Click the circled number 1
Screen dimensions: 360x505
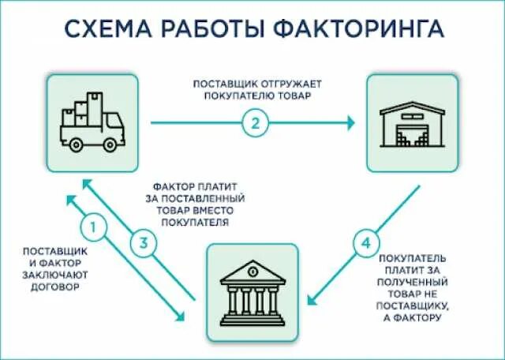tap(94, 229)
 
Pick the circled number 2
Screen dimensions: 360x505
tap(254, 122)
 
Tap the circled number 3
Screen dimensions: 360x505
tap(143, 244)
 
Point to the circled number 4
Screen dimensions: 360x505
tap(364, 244)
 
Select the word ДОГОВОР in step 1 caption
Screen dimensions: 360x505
tap(54, 287)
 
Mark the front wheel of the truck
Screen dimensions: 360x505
tap(109, 143)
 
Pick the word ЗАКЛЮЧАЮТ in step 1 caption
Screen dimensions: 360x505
tap(55, 275)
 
